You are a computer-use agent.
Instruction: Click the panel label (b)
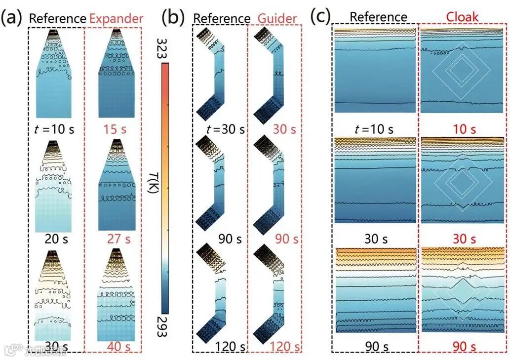[173, 18]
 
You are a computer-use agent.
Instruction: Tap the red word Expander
[116, 19]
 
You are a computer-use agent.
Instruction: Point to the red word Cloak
[462, 17]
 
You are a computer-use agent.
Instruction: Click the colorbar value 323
[164, 48]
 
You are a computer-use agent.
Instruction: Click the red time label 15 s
[117, 130]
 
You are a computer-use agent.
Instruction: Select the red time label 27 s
[118, 239]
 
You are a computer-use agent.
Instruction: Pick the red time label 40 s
[118, 348]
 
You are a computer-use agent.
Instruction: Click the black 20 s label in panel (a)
[54, 239]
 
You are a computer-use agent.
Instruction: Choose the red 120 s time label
[281, 347]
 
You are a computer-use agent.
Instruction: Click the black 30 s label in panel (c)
[376, 239]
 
